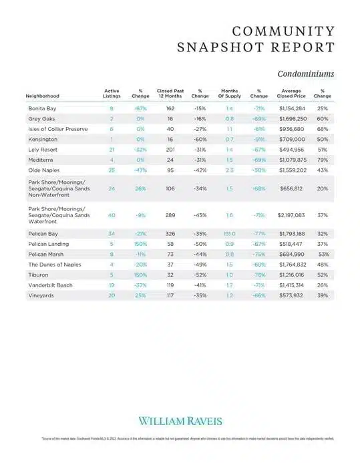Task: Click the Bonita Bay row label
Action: (41, 108)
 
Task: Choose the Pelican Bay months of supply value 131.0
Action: (229, 235)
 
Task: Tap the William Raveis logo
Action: (180, 420)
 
